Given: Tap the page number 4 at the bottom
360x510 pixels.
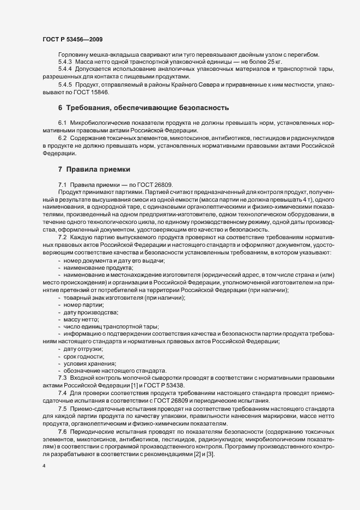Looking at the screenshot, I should coord(44,467).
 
